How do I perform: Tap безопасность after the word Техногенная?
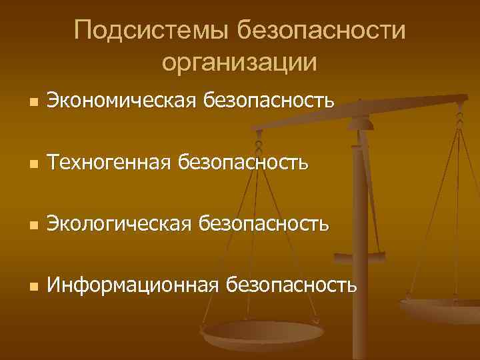point(239,162)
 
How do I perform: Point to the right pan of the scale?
point(443,308)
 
